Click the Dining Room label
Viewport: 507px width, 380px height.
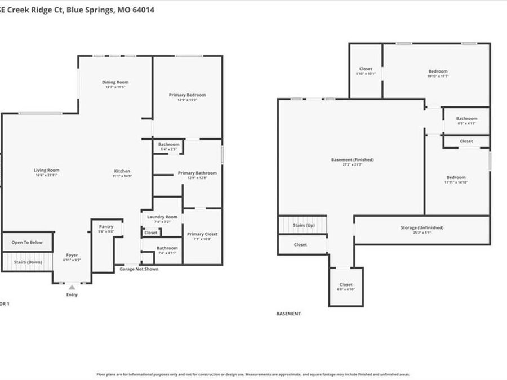coord(115,82)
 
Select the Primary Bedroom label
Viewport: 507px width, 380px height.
coord(187,95)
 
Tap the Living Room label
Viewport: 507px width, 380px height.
coord(46,170)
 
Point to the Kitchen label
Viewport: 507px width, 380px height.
coord(122,171)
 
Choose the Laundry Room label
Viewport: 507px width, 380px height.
coord(162,217)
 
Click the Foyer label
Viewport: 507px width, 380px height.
coord(72,255)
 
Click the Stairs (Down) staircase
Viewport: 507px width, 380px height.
coord(27,262)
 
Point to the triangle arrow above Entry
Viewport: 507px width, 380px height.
coord(72,287)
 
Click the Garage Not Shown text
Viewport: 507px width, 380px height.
coord(139,269)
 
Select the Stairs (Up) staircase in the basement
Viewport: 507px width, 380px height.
coord(303,225)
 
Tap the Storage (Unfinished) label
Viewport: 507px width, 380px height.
coord(421,227)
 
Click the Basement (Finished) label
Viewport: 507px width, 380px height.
coord(352,160)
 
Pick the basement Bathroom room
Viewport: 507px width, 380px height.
coord(466,120)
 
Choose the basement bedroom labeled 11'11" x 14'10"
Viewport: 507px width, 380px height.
coord(456,180)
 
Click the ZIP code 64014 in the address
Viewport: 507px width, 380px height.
coord(144,10)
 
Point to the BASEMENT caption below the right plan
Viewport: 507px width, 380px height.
coord(288,314)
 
